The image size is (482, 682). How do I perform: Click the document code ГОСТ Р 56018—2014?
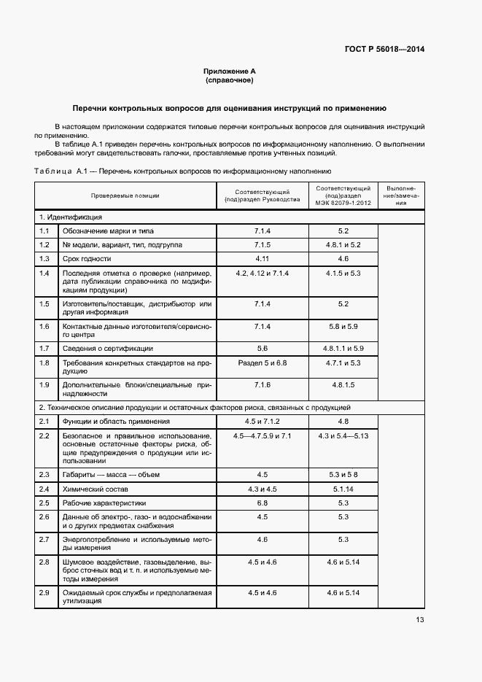pyautogui.click(x=384, y=50)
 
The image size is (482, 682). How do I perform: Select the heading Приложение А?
pyautogui.click(x=229, y=71)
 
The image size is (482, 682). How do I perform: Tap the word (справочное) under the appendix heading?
pyautogui.click(x=229, y=80)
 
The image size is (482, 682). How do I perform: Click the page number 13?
pyautogui.click(x=419, y=620)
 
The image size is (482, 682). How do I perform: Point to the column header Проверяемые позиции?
pyautogui.click(x=125, y=195)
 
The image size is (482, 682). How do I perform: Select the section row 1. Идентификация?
pyautogui.click(x=71, y=217)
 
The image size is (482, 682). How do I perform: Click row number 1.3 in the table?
pyautogui.click(x=44, y=258)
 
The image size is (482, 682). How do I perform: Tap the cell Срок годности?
pyautogui.click(x=87, y=258)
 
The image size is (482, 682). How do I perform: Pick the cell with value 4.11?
pyautogui.click(x=263, y=258)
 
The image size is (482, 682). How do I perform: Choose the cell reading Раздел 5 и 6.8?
pyautogui.click(x=263, y=363)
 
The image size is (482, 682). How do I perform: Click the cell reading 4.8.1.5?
pyautogui.click(x=343, y=384)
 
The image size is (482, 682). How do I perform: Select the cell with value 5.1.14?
pyautogui.click(x=343, y=488)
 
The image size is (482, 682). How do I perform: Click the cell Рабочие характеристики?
pyautogui.click(x=104, y=503)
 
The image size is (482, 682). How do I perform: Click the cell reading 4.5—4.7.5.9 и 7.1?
pyautogui.click(x=263, y=435)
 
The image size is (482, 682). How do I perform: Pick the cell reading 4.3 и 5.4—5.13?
pyautogui.click(x=343, y=435)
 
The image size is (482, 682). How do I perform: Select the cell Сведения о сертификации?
pyautogui.click(x=107, y=348)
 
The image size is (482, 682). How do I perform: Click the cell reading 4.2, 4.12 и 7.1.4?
pyautogui.click(x=263, y=273)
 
